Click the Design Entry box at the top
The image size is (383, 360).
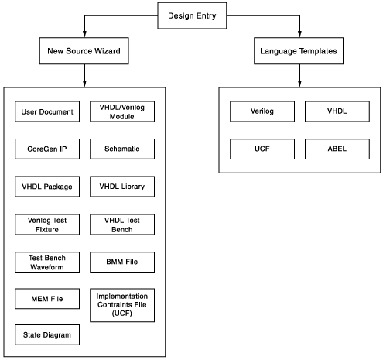pos(192,15)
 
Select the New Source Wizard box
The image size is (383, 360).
pos(84,51)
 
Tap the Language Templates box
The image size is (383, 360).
pos(299,51)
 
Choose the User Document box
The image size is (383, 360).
pos(47,111)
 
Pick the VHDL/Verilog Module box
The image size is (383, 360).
pos(122,111)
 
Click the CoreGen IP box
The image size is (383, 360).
pos(47,149)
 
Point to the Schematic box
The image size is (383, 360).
pos(122,149)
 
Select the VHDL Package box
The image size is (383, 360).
pos(47,187)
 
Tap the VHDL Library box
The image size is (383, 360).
pos(122,187)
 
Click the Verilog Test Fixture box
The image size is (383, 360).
pos(47,225)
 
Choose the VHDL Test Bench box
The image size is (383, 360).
pos(122,225)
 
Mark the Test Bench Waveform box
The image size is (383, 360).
pos(47,262)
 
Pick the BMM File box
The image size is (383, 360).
pos(122,262)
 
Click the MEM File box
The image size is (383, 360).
pos(47,299)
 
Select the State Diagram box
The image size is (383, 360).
pos(47,334)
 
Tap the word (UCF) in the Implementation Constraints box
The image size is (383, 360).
pos(122,314)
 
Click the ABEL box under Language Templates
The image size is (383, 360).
pos(337,149)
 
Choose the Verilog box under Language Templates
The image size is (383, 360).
pos(262,111)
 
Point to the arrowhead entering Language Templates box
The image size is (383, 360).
pos(299,34)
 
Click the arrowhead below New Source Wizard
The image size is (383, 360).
pos(84,84)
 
